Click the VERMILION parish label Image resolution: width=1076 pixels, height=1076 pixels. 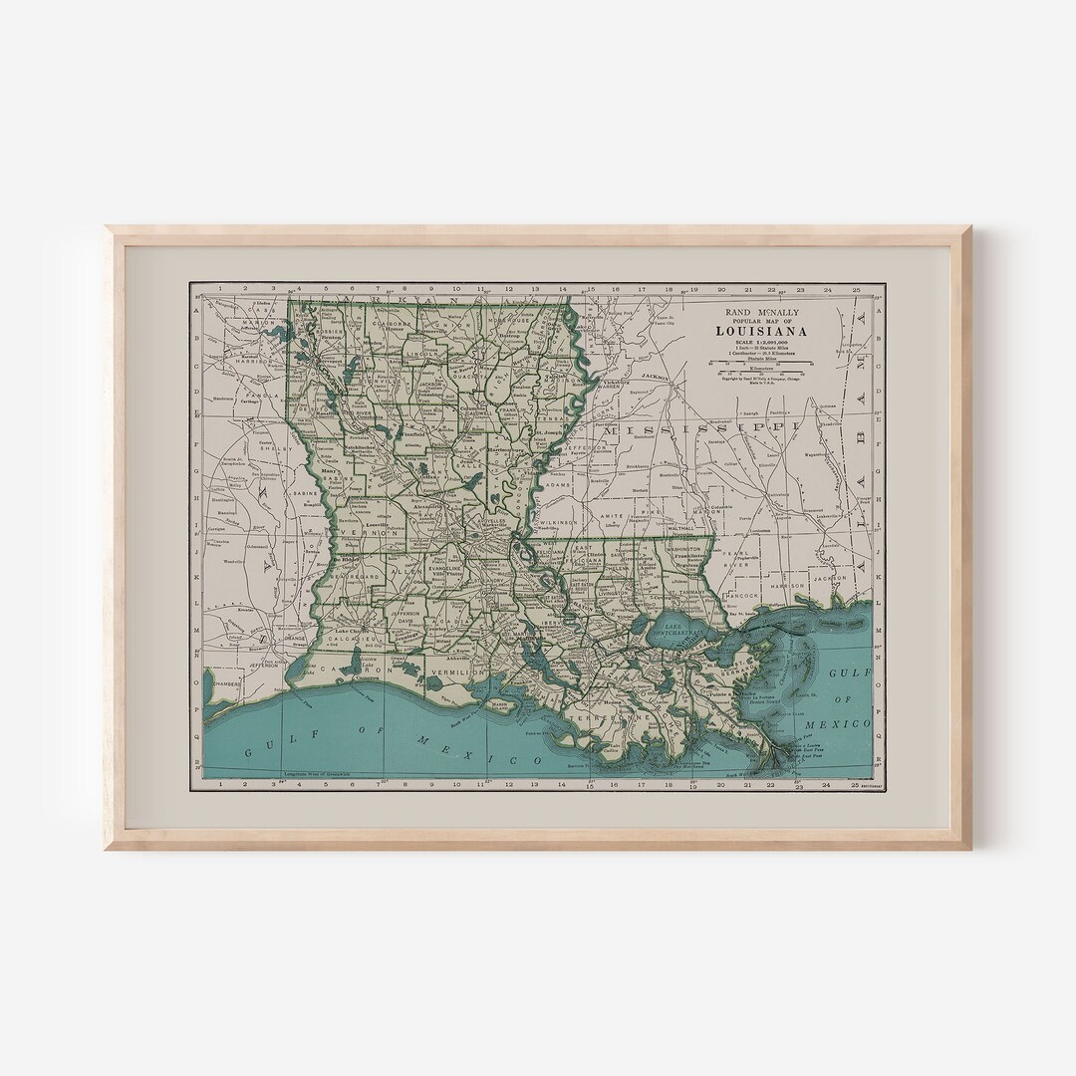pyautogui.click(x=456, y=673)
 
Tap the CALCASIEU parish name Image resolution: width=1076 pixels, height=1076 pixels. pyautogui.click(x=345, y=643)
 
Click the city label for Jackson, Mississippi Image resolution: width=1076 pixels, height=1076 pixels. pyautogui.click(x=654, y=377)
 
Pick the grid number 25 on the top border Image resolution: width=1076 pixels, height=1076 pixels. pyautogui.click(x=856, y=289)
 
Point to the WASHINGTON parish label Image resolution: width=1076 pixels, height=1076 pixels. pyautogui.click(x=683, y=548)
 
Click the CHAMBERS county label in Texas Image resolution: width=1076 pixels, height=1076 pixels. pyautogui.click(x=226, y=683)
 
